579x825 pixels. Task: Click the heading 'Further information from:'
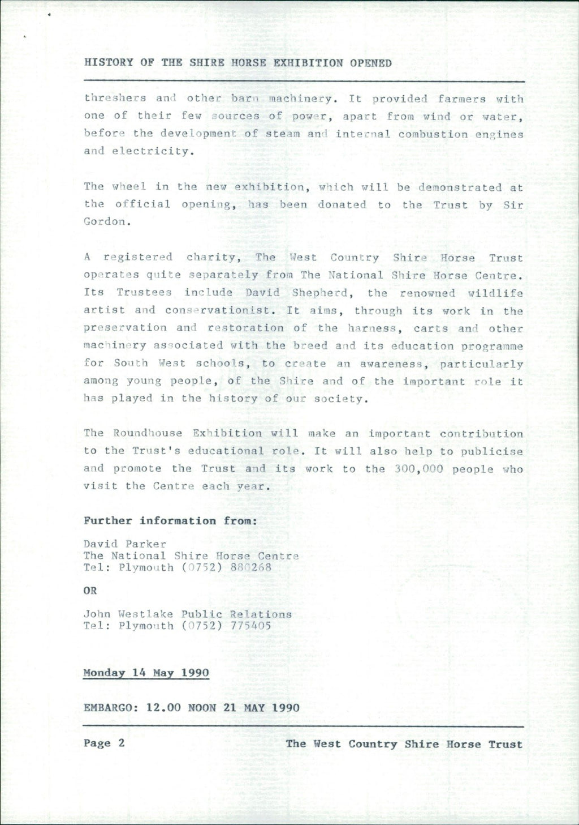coord(170,521)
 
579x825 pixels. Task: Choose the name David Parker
coord(125,545)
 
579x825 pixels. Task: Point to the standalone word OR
coord(90,591)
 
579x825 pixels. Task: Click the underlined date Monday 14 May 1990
coord(146,673)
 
